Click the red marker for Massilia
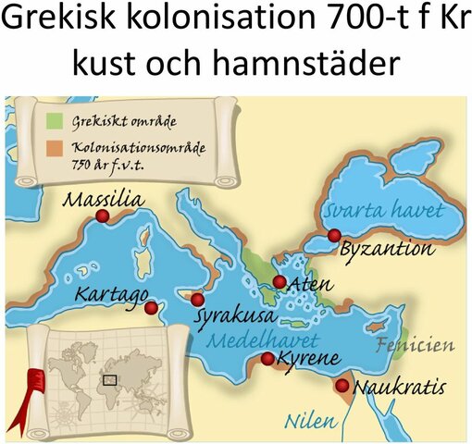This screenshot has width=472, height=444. pos(103,216)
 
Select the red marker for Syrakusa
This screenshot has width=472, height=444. pos(196,300)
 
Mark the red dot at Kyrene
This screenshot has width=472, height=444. pos(268,358)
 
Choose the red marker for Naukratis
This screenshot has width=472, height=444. pos(343,386)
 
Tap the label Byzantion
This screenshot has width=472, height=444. pos(386,249)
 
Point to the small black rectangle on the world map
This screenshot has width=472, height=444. pos(110,378)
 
